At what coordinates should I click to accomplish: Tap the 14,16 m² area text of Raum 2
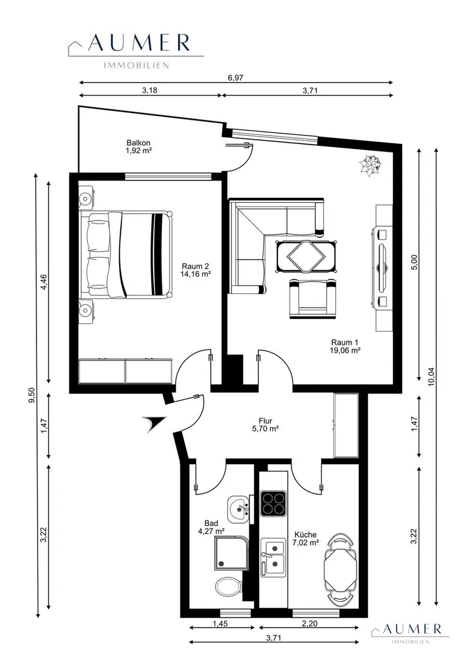pos(195,275)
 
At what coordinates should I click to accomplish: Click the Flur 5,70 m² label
pos(265,425)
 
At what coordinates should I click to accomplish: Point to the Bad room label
pos(211,523)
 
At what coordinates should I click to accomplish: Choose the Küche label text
pos(305,535)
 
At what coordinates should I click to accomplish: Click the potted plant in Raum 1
pos(370,165)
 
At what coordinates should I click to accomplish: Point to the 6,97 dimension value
pos(236,77)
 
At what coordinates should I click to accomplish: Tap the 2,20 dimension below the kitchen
pos(310,623)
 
